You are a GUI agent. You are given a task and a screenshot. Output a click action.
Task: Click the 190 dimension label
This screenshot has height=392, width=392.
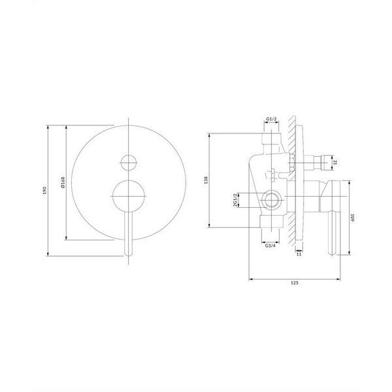[x=45, y=191]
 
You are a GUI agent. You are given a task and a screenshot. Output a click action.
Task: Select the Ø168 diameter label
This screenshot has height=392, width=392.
[x=63, y=182]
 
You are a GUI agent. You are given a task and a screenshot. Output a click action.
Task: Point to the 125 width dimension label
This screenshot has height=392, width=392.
[x=295, y=283]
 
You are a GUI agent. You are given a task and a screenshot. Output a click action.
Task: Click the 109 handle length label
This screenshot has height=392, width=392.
[x=353, y=218]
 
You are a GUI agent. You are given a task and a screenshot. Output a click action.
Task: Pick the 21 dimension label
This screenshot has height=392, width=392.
[x=336, y=162]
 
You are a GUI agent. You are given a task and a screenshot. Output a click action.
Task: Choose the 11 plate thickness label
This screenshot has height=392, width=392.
[x=299, y=254]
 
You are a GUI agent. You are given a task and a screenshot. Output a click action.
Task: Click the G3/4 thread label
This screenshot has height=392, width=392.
[x=270, y=246]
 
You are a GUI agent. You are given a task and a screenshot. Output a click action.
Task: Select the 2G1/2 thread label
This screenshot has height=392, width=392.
[x=235, y=200]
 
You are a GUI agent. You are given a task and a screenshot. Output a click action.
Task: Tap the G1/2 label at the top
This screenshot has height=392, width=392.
[x=272, y=119]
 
